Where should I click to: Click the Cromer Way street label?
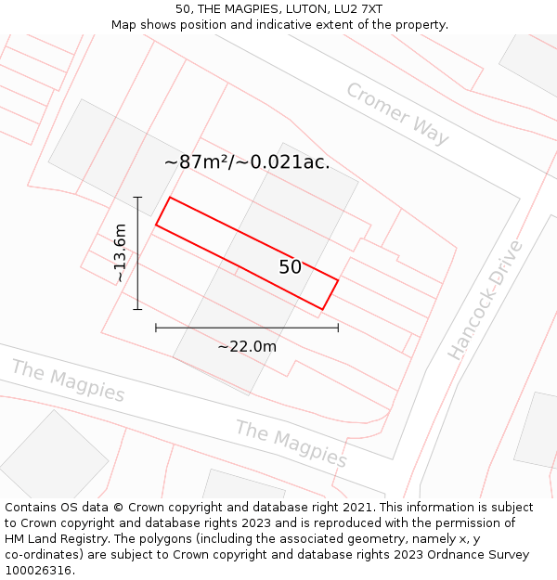[397, 113]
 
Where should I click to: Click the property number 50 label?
[290, 267]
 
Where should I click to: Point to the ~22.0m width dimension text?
[247, 346]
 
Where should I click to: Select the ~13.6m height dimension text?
[119, 253]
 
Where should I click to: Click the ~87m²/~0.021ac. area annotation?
[247, 161]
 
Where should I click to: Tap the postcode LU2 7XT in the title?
[356, 8]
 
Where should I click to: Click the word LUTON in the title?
[299, 8]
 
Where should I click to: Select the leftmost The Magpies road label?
[68, 380]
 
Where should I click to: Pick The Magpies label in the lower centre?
[291, 444]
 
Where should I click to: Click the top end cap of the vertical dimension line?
[137, 197]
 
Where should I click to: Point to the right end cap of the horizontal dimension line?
[338, 327]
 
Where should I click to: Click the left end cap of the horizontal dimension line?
[156, 327]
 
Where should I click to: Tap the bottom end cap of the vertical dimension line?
[137, 309]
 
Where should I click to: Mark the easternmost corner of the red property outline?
[338, 280]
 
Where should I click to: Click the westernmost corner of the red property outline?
[156, 225]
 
